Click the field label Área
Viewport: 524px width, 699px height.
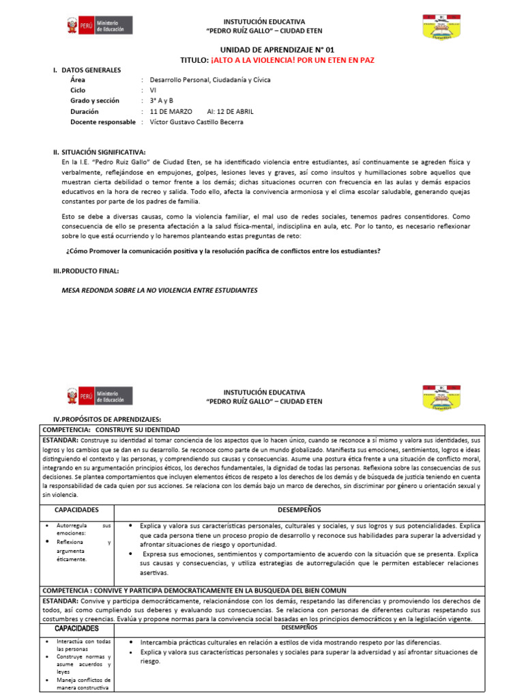click(78, 80)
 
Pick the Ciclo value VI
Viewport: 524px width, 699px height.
click(154, 90)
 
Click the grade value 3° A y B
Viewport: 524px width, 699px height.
click(162, 100)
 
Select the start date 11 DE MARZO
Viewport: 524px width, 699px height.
click(171, 111)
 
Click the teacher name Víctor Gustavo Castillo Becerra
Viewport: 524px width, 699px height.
click(196, 122)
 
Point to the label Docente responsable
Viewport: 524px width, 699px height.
click(103, 122)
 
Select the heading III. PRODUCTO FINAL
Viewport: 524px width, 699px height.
click(86, 270)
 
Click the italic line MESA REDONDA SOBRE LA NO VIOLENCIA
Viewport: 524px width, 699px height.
click(160, 290)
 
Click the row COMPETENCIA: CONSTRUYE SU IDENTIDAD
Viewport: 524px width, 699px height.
click(111, 430)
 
